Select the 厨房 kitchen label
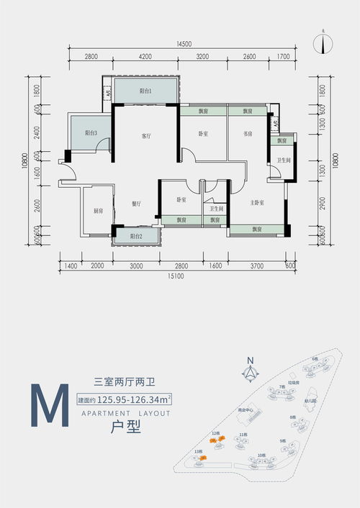pos(98,211)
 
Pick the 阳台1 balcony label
pos(145,91)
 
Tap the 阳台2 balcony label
pos(136,236)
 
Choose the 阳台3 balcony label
pos(91,133)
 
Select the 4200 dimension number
pos(145,55)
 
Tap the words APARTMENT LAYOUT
pos(121,414)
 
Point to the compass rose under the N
pos(250,373)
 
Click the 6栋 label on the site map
pos(315,358)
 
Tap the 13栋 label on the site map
pos(197,451)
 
